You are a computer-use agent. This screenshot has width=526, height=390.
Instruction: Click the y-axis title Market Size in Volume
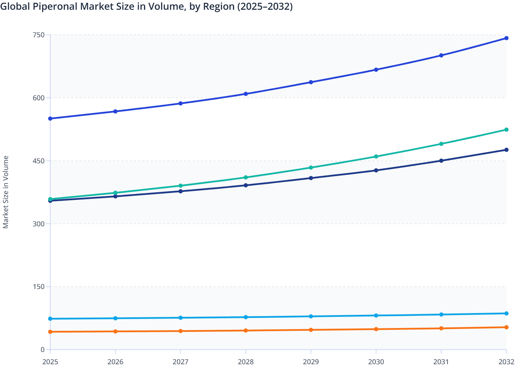point(6,192)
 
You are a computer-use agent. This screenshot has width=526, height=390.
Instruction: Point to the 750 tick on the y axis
point(38,35)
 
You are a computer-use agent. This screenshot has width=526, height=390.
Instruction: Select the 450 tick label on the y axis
point(38,161)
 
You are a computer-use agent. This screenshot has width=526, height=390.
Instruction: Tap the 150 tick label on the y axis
point(38,287)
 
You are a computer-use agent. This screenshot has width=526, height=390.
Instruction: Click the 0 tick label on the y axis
point(43,350)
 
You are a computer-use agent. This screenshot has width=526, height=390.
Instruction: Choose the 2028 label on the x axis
point(246,362)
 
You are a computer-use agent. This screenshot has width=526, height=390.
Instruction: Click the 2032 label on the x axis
point(506,362)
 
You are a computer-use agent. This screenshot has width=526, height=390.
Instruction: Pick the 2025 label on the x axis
point(50,362)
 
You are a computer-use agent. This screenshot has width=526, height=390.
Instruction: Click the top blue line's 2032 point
point(506,38)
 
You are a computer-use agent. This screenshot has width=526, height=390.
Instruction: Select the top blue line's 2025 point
point(50,119)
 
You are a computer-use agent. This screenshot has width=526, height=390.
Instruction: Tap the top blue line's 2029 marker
point(311,82)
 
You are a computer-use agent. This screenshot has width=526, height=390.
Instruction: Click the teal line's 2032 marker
point(506,130)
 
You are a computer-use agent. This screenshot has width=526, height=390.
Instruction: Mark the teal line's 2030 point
point(376,157)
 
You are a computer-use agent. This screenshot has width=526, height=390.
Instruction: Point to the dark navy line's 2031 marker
point(441,161)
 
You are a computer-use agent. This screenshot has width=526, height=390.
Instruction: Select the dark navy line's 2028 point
point(246,185)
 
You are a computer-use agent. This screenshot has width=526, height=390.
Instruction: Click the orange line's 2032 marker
point(506,327)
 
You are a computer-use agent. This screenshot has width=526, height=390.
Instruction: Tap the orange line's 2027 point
point(181,331)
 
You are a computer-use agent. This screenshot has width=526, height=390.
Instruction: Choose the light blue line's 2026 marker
point(115,318)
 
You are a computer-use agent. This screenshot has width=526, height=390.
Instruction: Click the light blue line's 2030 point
point(376,315)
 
